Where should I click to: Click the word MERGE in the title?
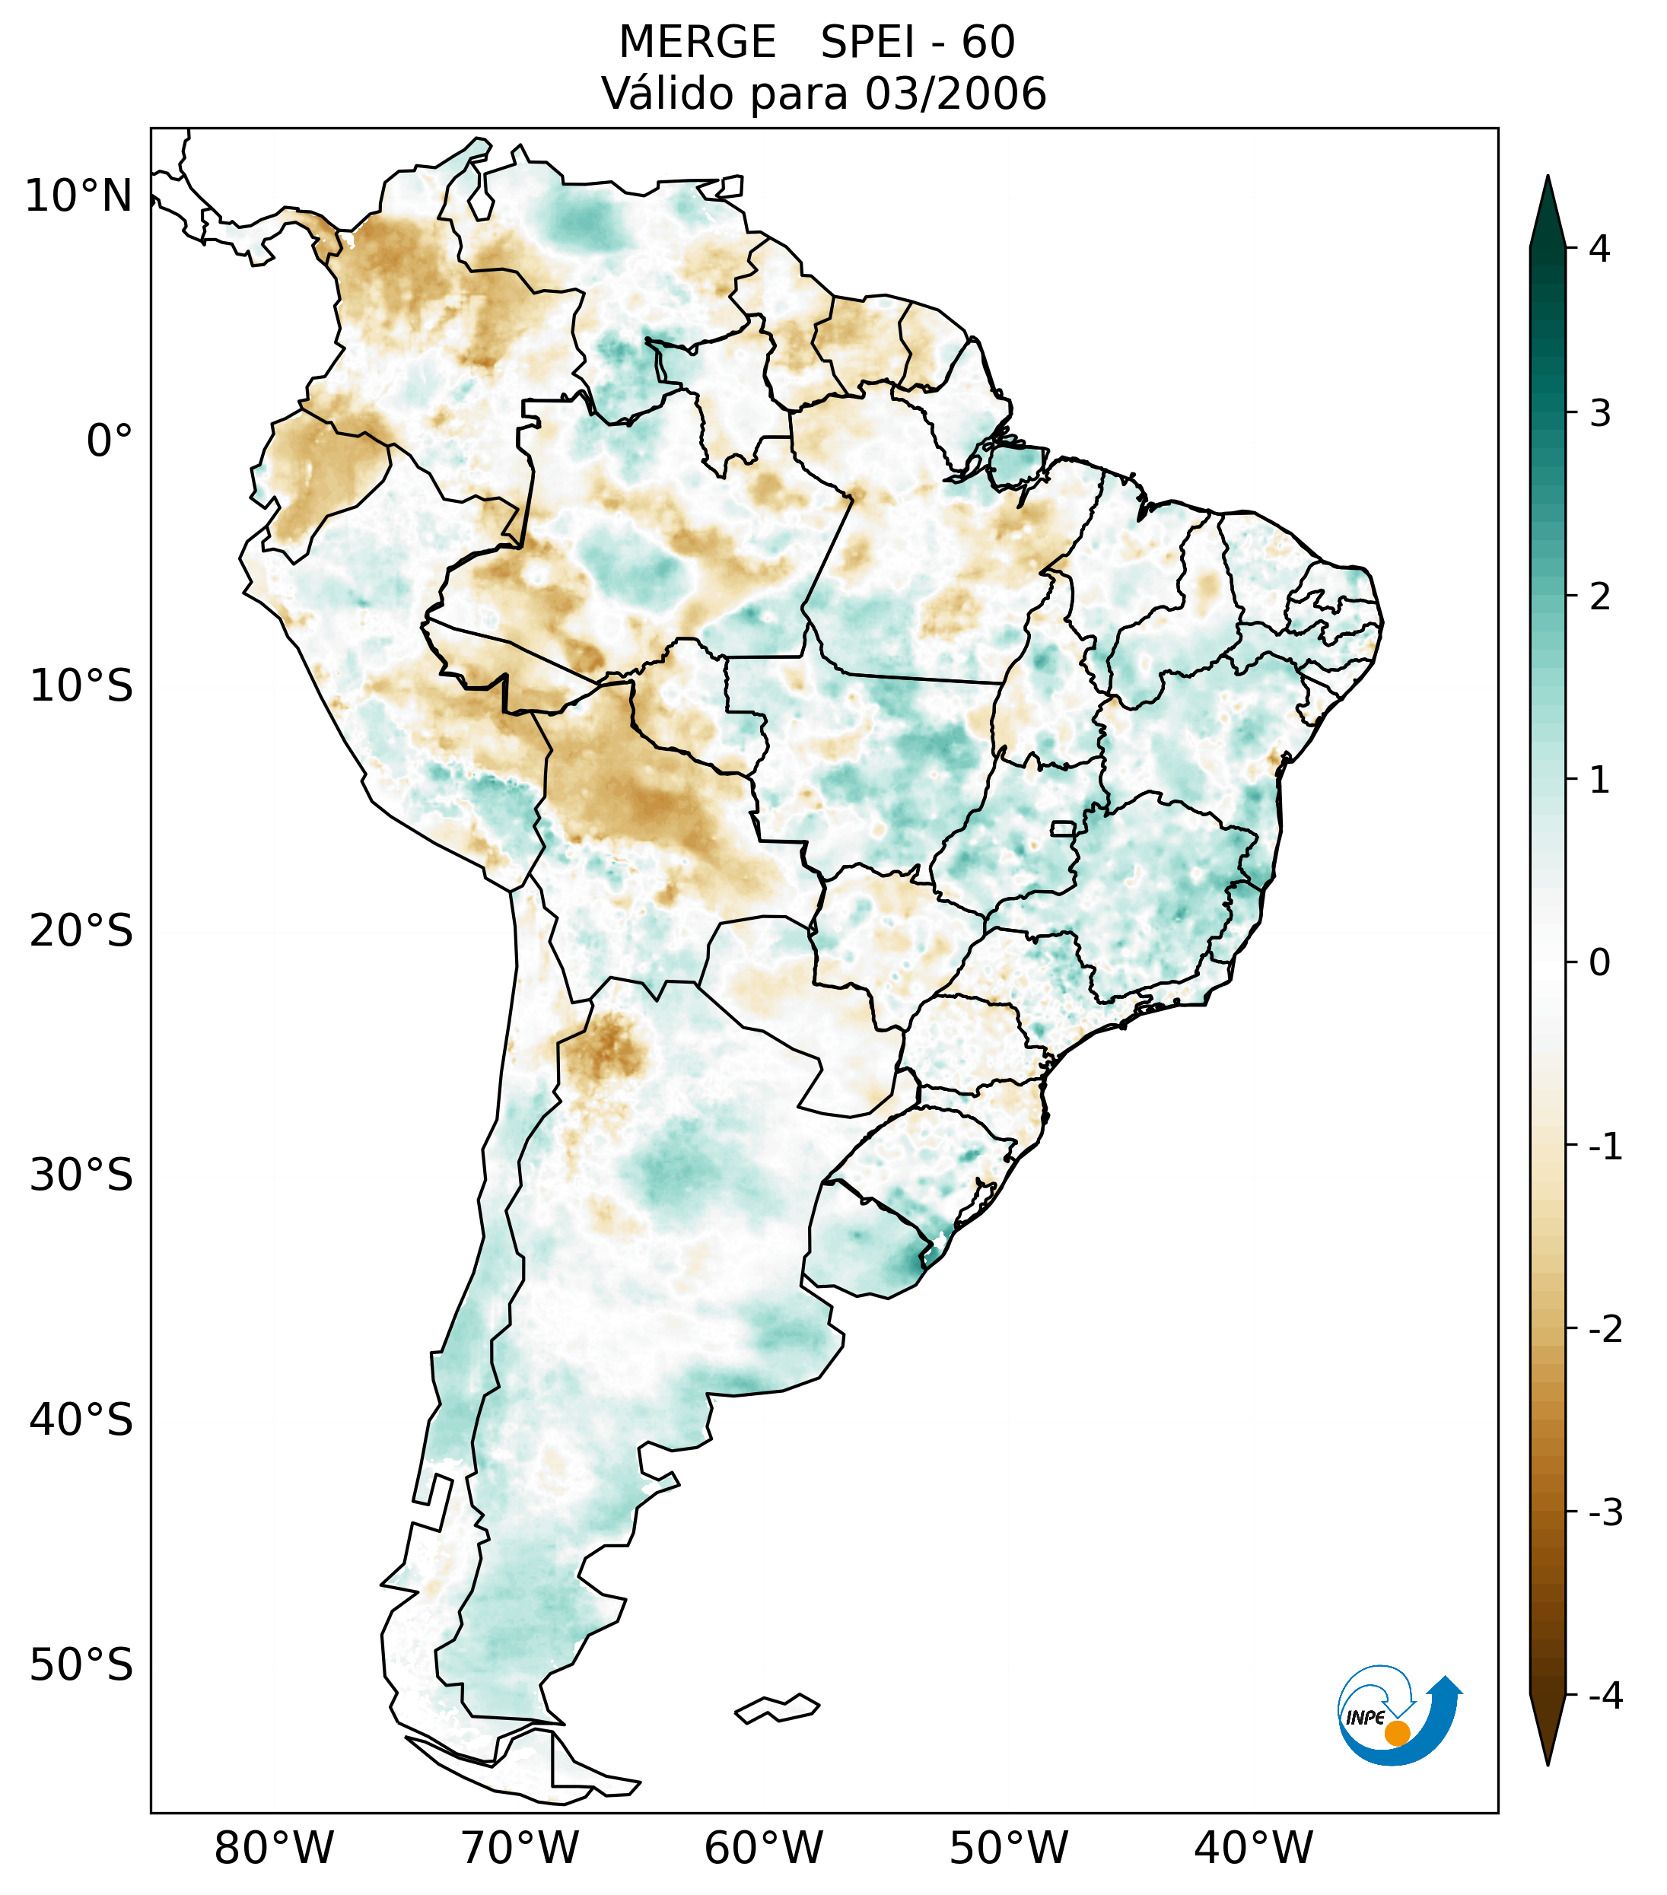(x=696, y=43)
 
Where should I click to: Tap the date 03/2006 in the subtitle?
(x=955, y=94)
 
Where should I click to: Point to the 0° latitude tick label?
(x=110, y=440)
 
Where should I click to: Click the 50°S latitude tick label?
(x=81, y=1665)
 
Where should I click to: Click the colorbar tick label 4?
(x=1599, y=249)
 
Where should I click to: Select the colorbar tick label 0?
(x=1599, y=963)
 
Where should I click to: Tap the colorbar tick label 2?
(x=1599, y=597)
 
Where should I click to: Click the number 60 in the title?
(x=988, y=43)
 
